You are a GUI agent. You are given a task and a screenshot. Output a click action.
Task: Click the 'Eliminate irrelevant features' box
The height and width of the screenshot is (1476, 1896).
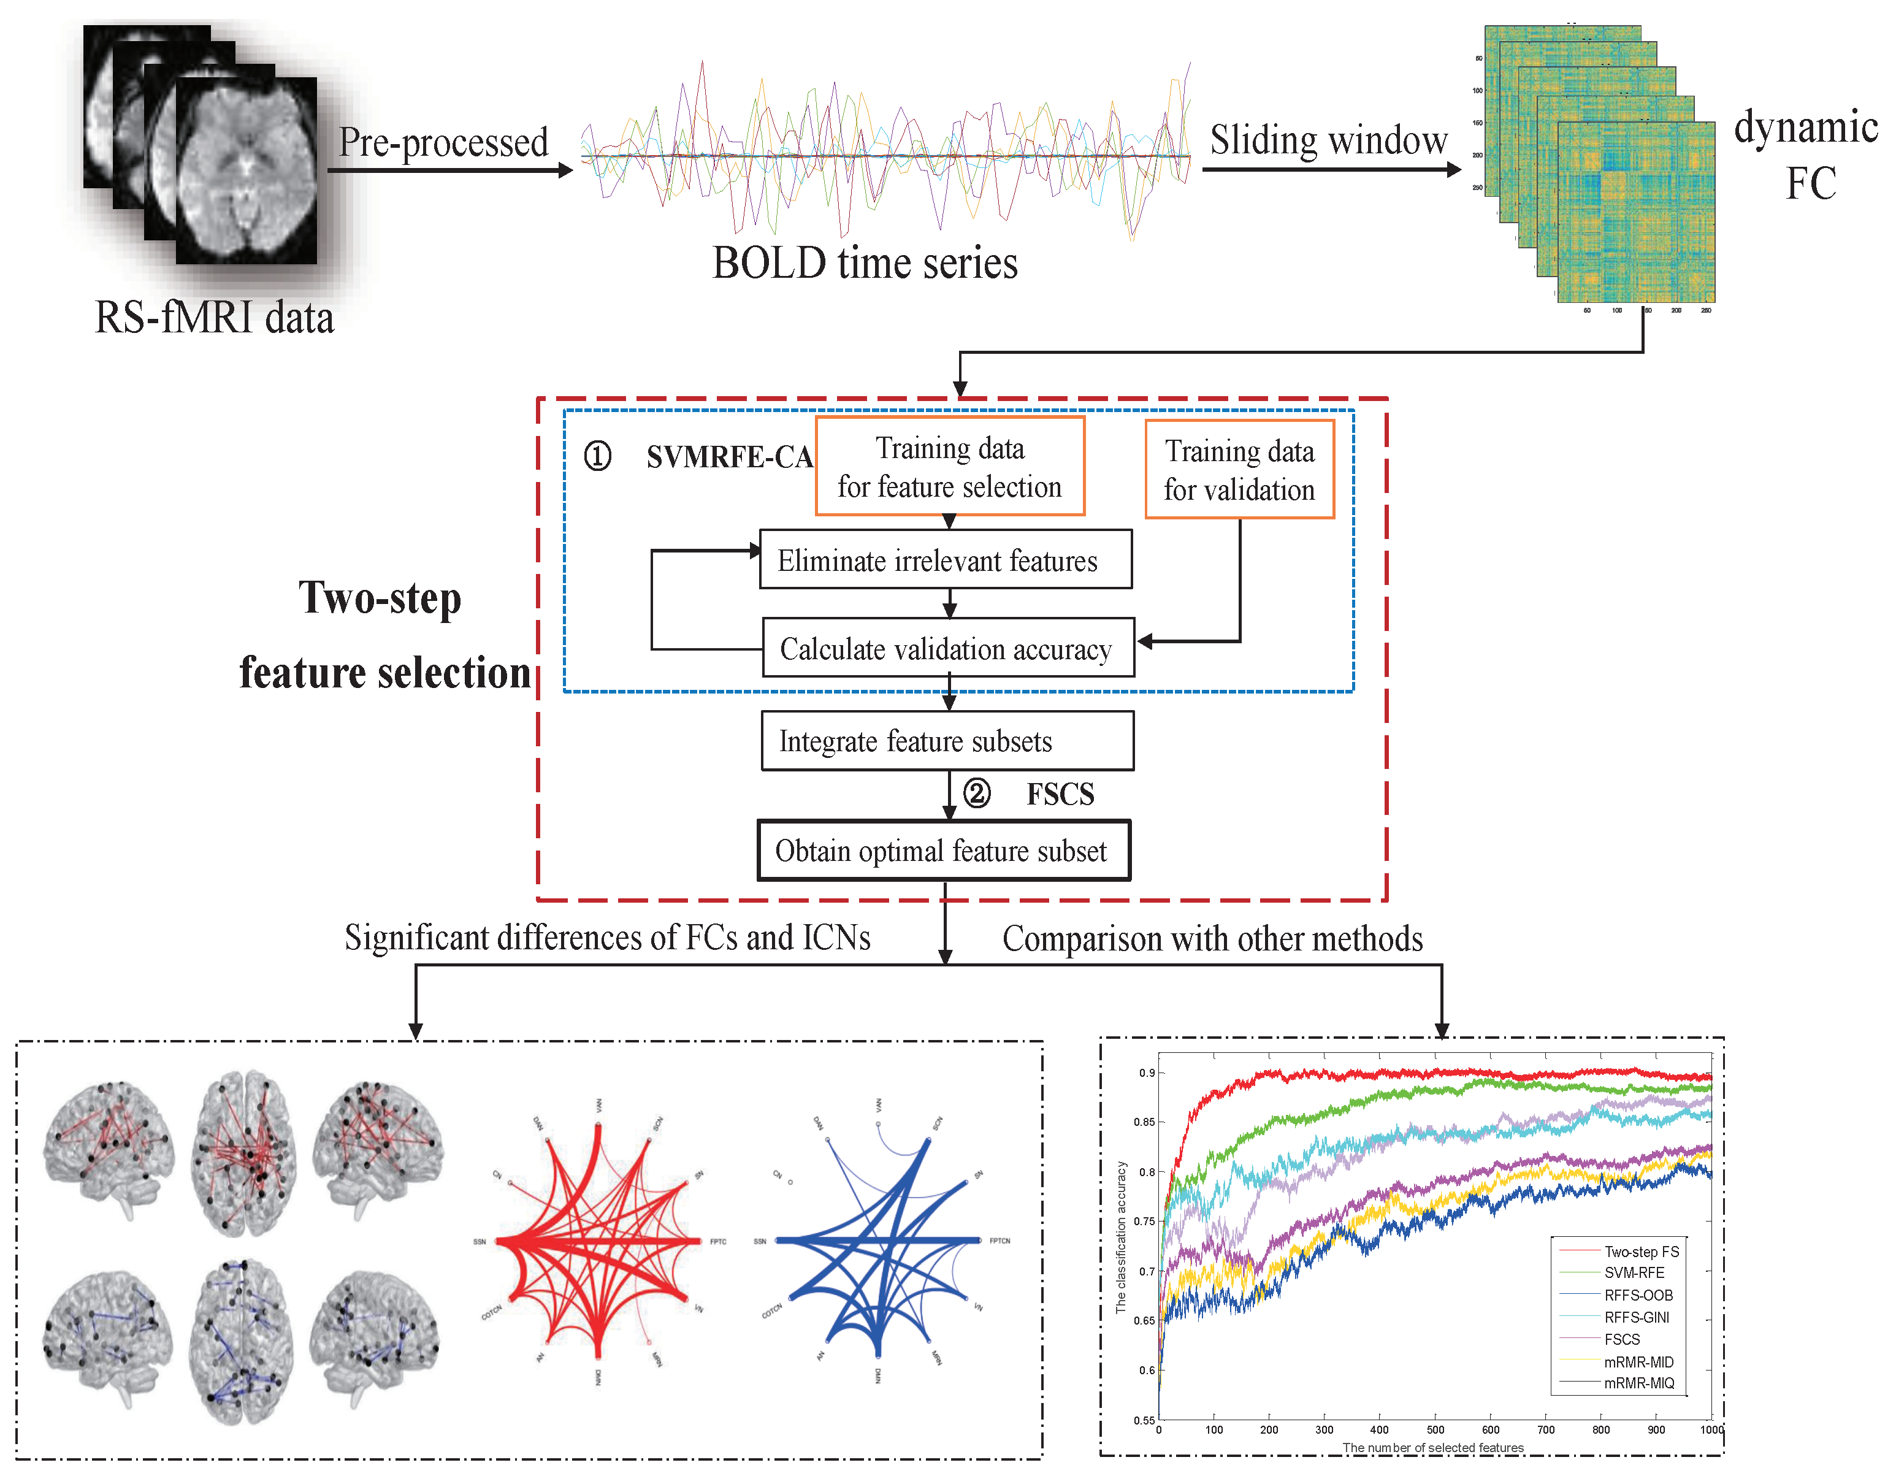tap(946, 560)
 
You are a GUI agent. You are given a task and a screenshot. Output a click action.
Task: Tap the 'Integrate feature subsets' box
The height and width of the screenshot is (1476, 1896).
tap(947, 741)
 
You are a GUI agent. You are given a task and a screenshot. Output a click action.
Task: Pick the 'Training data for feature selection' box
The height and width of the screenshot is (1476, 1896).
tap(950, 466)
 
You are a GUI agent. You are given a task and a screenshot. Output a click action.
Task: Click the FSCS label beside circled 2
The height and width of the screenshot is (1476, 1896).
tap(1060, 793)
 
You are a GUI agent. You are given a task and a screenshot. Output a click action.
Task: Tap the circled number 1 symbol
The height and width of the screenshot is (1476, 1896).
tap(597, 456)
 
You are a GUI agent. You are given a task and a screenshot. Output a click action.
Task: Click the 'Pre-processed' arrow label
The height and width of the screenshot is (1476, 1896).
tap(443, 142)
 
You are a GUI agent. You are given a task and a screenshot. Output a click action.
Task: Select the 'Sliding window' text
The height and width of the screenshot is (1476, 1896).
tap(1328, 140)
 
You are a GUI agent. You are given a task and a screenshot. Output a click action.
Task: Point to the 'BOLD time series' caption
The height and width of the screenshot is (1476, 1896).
tap(865, 262)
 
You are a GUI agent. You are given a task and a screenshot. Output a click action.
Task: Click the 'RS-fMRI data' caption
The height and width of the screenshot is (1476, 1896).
tap(213, 317)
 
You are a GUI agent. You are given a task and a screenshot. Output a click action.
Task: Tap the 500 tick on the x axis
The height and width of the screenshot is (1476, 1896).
tap(1435, 1429)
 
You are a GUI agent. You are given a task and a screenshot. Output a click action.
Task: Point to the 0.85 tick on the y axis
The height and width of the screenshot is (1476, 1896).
tap(1144, 1122)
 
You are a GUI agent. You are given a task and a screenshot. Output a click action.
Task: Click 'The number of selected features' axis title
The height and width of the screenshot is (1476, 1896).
tap(1432, 1447)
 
